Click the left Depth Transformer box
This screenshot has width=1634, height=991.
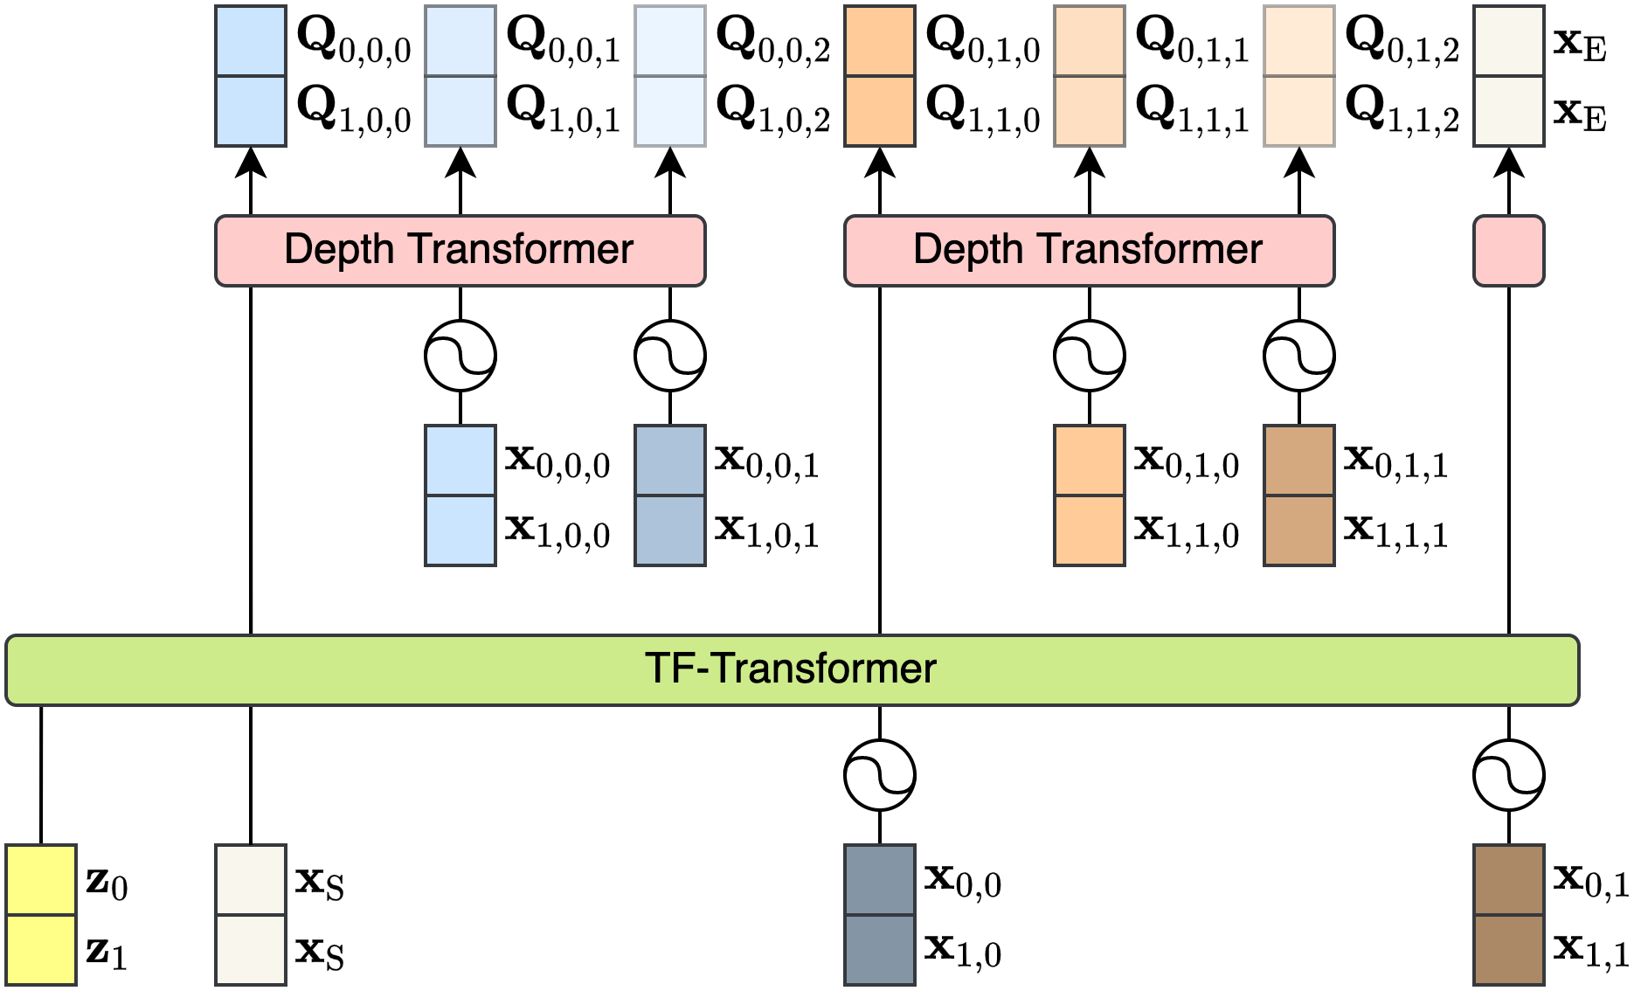[460, 251]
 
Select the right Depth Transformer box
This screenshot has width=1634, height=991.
[1089, 251]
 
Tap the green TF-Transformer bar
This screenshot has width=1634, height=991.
[792, 670]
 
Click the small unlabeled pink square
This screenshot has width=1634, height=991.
[1509, 251]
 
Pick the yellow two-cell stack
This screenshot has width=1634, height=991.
[41, 915]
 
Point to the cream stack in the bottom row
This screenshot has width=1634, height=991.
[251, 915]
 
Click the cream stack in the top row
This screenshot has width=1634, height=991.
[1509, 76]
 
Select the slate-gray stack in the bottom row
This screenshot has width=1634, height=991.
[880, 915]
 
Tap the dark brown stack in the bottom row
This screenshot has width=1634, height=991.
[1509, 915]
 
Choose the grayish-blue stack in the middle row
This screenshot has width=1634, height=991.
[670, 495]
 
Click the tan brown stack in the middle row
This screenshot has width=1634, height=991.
[1299, 495]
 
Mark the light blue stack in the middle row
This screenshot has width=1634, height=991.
[460, 495]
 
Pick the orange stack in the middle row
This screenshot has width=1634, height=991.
[1090, 495]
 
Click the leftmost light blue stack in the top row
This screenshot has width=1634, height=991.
[251, 76]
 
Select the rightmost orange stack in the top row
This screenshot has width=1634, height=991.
[1299, 76]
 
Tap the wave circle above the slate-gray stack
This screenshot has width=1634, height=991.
[880, 775]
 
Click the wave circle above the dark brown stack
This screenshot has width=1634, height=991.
[1509, 775]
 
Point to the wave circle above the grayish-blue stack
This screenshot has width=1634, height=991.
[670, 356]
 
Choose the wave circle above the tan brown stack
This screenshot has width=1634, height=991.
[1299, 356]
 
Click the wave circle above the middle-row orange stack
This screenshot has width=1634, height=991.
[1090, 356]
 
